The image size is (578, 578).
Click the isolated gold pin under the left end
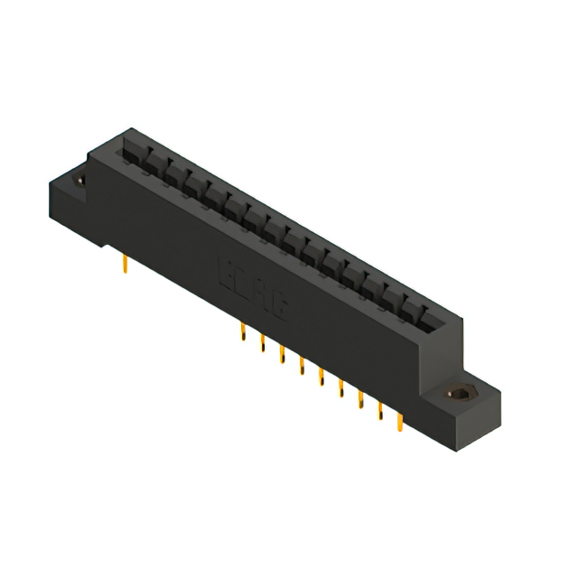click(124, 263)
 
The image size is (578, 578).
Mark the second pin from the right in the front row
click(380, 408)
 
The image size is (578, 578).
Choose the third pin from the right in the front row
click(360, 397)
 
